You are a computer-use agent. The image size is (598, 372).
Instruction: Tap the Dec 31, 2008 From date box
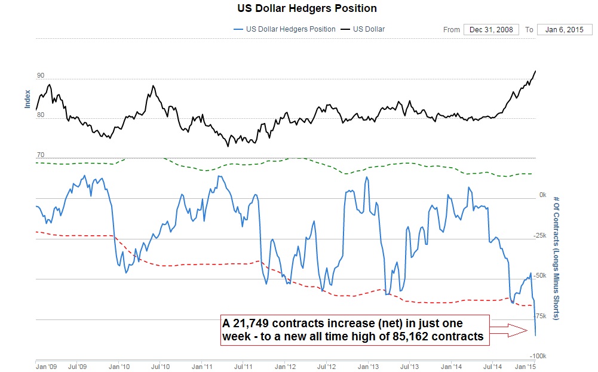pos(490,29)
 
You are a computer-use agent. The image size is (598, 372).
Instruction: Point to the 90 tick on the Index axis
pos(41,76)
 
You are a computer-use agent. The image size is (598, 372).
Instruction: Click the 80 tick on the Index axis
pos(41,115)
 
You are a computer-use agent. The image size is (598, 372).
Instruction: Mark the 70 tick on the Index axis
pos(41,155)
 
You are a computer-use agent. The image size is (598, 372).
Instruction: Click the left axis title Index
pos(27,99)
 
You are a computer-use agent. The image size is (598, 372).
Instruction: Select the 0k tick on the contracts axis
pos(542,195)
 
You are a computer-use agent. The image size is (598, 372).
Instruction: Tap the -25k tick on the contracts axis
pos(539,235)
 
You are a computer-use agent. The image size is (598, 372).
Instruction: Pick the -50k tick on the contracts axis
pos(539,275)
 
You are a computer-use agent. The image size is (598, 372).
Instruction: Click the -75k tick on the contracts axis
pos(539,316)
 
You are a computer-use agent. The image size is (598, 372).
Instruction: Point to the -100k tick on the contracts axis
pos(538,356)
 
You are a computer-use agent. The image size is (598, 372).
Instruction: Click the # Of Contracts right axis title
pos(556,257)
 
